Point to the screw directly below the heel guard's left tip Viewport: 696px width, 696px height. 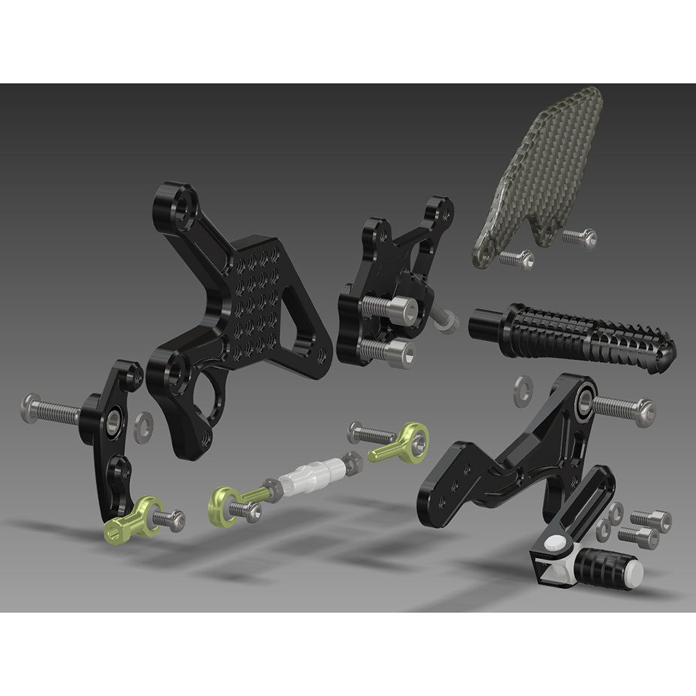click(515, 259)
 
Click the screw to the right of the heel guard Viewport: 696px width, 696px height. click(579, 238)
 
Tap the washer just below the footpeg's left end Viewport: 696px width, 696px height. click(521, 391)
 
